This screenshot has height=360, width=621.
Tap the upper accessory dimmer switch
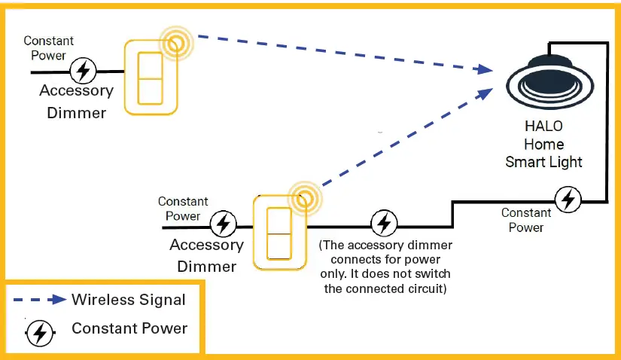[151, 78]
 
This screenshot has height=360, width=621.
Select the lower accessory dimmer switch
[280, 232]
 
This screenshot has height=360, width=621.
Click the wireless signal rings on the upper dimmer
[176, 44]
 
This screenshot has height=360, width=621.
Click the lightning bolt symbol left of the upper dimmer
[83, 72]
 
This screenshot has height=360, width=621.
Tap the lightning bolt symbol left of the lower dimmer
[222, 224]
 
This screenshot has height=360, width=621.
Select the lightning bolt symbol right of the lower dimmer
[385, 224]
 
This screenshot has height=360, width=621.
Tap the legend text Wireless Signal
[129, 300]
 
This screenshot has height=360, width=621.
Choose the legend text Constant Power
[129, 328]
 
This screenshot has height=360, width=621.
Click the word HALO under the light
[544, 126]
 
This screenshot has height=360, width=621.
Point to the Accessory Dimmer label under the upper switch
[76, 102]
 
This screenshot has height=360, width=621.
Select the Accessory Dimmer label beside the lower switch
[206, 255]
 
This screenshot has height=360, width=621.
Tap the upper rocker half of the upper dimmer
[151, 65]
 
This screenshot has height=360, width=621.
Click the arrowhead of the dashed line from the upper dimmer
[485, 70]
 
